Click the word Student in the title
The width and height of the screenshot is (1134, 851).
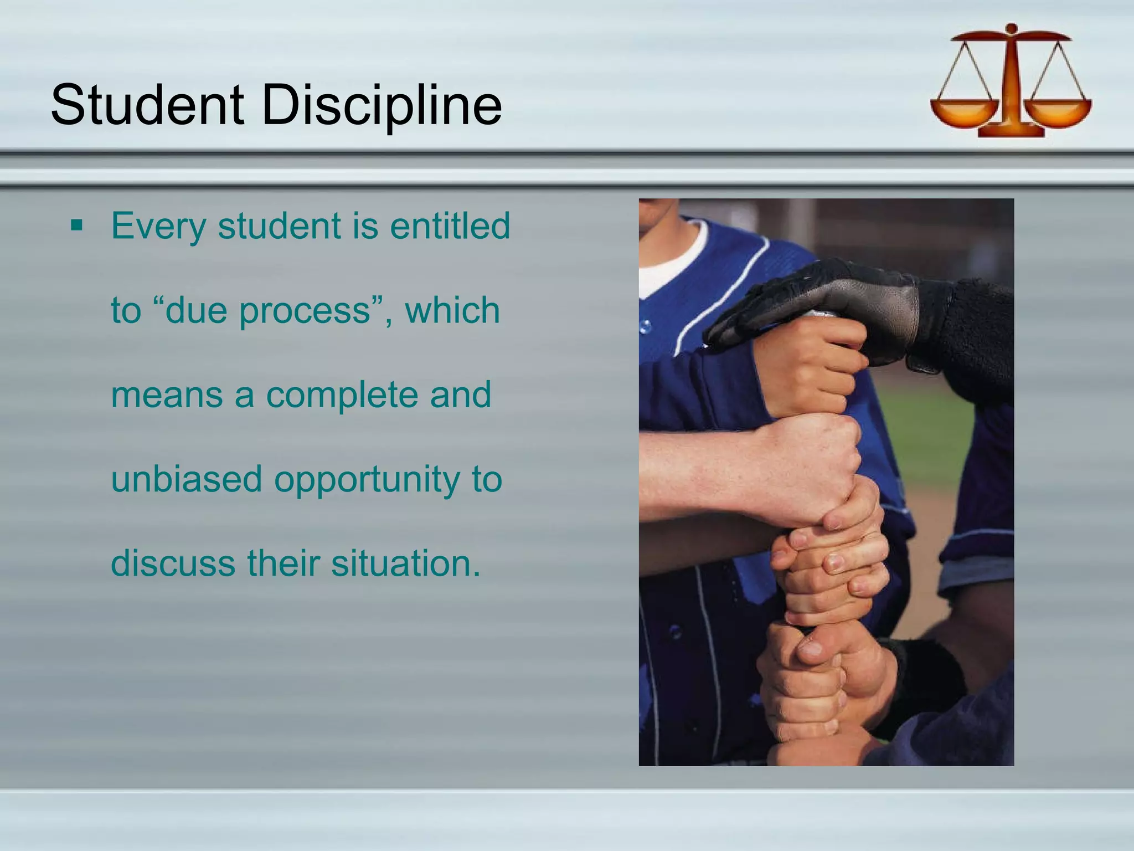click(147, 105)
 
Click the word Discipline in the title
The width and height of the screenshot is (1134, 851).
click(382, 105)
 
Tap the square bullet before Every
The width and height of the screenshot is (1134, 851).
click(76, 225)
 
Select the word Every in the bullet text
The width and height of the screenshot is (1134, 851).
click(158, 227)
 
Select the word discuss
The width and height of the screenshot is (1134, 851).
click(173, 563)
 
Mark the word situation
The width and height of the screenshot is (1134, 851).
click(406, 563)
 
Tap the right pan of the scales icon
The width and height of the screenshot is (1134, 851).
click(1059, 111)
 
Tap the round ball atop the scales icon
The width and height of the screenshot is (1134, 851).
click(1011, 28)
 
